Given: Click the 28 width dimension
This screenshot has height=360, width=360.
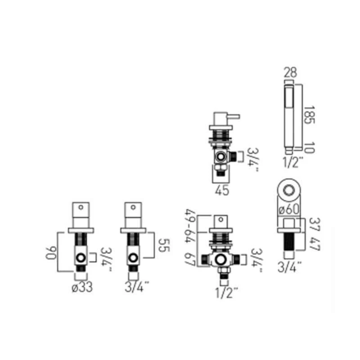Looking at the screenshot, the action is (290, 72).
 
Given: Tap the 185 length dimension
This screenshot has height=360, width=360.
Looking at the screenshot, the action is (309, 115).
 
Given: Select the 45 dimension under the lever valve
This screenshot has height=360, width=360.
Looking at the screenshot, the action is (222, 190).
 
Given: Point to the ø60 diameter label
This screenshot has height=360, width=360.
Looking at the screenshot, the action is (289, 209).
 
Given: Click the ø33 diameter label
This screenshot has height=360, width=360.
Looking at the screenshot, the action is (82, 287).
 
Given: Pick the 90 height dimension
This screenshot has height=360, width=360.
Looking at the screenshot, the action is (51, 253).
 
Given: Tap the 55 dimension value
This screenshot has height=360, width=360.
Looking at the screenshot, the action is (164, 245).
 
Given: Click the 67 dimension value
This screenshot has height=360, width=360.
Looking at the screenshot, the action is (190, 260).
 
